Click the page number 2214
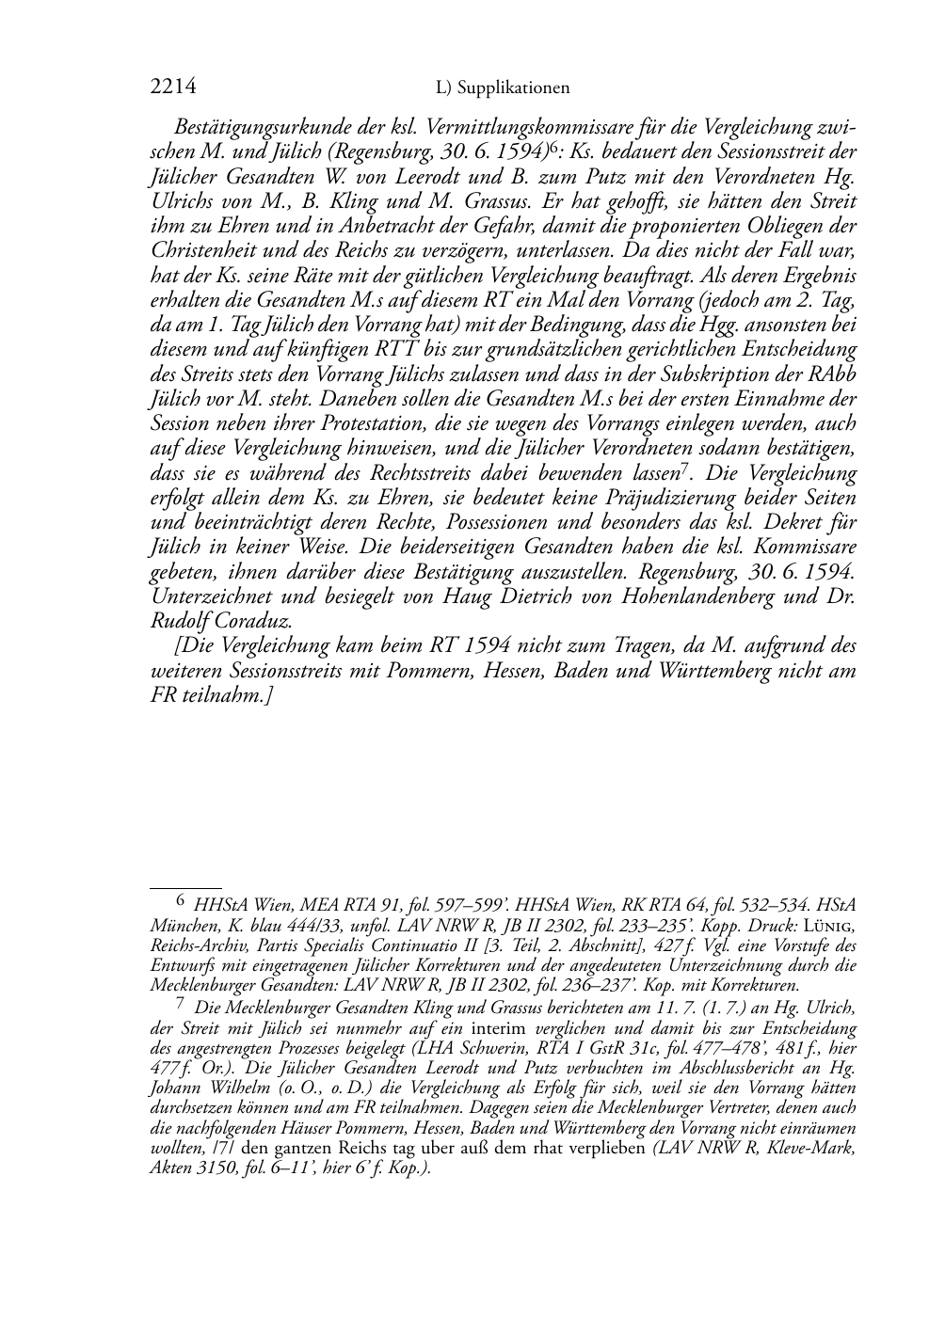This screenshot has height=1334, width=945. pyautogui.click(x=173, y=87)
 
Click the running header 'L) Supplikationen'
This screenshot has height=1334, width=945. pyautogui.click(x=504, y=88)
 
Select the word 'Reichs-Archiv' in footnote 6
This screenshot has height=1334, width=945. pyautogui.click(x=194, y=945)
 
